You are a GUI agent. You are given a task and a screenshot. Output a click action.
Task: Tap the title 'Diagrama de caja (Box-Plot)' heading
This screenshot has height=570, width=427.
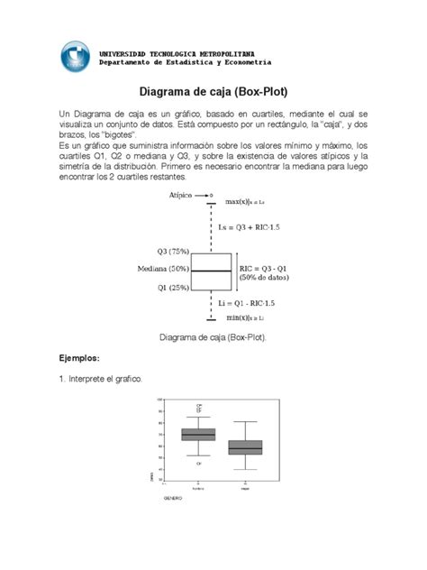pos(213,91)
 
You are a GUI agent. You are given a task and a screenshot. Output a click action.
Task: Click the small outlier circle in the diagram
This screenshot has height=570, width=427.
pos(211,194)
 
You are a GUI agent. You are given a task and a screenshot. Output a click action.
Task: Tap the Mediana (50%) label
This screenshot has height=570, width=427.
pos(164,270)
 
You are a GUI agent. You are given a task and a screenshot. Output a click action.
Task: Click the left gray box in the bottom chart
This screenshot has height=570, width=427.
pos(198,434)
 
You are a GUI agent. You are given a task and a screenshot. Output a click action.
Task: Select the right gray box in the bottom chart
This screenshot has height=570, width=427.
pos(245,447)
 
